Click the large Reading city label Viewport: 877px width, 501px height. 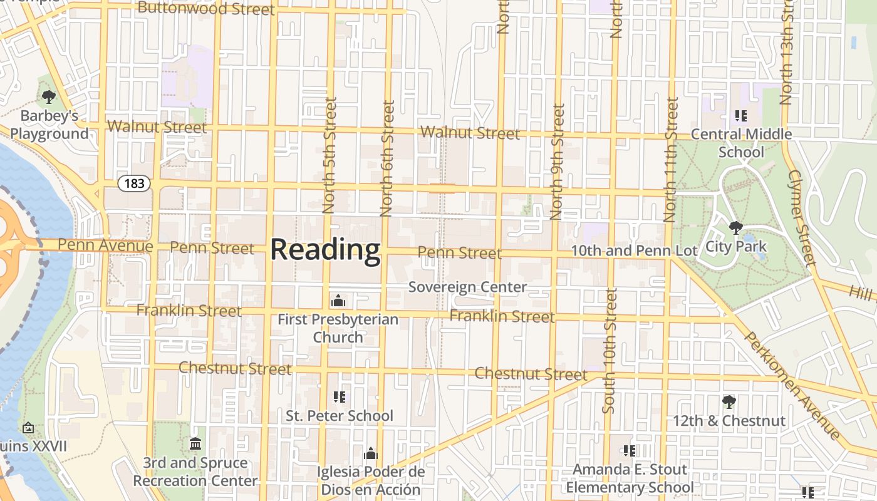click(325, 250)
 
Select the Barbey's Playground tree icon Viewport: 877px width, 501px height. click(49, 97)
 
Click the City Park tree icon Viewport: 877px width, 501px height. click(736, 227)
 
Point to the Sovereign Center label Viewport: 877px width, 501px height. click(467, 287)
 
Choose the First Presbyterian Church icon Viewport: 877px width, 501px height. click(338, 301)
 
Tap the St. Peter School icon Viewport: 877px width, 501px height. click(340, 396)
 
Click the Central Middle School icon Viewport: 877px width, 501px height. click(741, 115)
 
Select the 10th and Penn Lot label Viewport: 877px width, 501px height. click(634, 251)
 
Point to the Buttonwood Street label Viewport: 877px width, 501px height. click(205, 8)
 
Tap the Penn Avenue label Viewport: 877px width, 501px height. click(105, 245)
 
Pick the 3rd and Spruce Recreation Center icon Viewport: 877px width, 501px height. click(195, 443)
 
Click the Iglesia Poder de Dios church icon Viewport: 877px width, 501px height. click(371, 453)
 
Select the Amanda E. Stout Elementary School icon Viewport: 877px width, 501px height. click(630, 450)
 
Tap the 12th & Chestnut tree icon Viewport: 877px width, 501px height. click(729, 401)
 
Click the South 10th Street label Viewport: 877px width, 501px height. click(610, 351)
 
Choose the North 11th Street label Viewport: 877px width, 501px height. click(671, 160)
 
